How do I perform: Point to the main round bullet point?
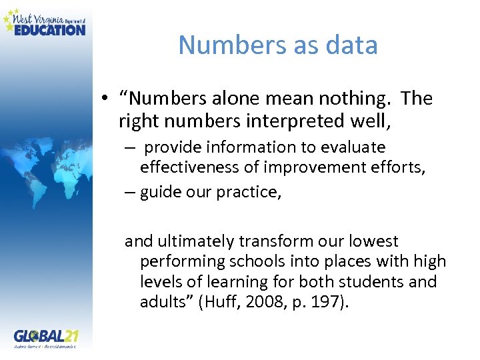106,99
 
